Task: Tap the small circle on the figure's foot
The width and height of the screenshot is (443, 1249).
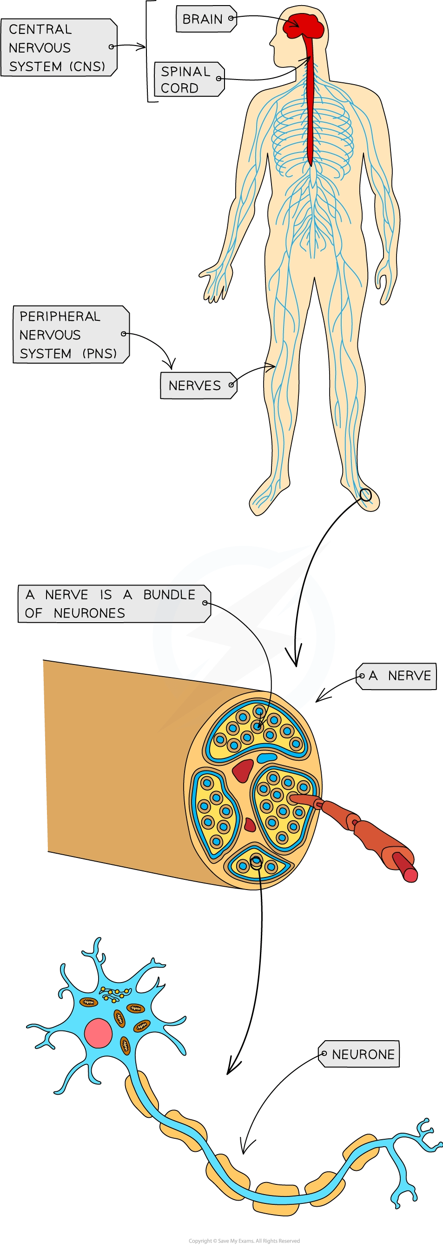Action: [x=365, y=495]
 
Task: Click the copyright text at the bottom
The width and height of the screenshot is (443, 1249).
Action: [x=244, y=1241]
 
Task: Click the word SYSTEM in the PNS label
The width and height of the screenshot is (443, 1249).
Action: [x=45, y=353]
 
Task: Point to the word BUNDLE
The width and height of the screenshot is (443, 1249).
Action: [x=169, y=594]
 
